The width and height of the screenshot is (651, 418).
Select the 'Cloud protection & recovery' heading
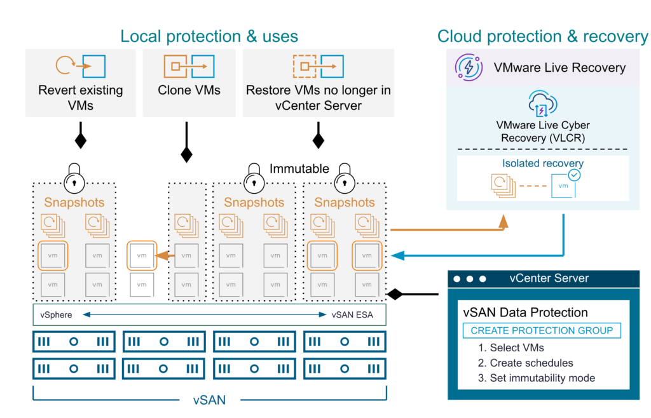pyautogui.click(x=542, y=36)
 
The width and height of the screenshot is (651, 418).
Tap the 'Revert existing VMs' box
pyautogui.click(x=80, y=83)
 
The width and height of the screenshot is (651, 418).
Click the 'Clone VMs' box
pyautogui.click(x=189, y=83)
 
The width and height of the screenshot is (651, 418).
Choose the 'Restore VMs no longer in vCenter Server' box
pyautogui.click(x=319, y=83)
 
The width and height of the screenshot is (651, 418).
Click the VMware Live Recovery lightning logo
pyautogui.click(x=467, y=68)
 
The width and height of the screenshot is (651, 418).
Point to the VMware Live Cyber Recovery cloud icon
pyautogui.click(x=542, y=103)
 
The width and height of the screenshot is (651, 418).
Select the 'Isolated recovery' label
pyautogui.click(x=542, y=163)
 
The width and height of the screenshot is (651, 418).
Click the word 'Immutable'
pyautogui.click(x=299, y=169)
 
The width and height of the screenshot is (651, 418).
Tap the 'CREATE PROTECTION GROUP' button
pyautogui.click(x=542, y=330)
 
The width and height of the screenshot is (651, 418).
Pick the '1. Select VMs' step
pyautogui.click(x=511, y=347)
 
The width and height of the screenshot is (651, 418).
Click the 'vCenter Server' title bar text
pyautogui.click(x=549, y=278)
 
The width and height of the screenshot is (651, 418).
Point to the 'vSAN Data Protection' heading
pyautogui.click(x=525, y=313)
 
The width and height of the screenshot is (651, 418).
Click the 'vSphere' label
pyautogui.click(x=56, y=315)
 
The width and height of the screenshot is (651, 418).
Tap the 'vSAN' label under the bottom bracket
pyautogui.click(x=209, y=400)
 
